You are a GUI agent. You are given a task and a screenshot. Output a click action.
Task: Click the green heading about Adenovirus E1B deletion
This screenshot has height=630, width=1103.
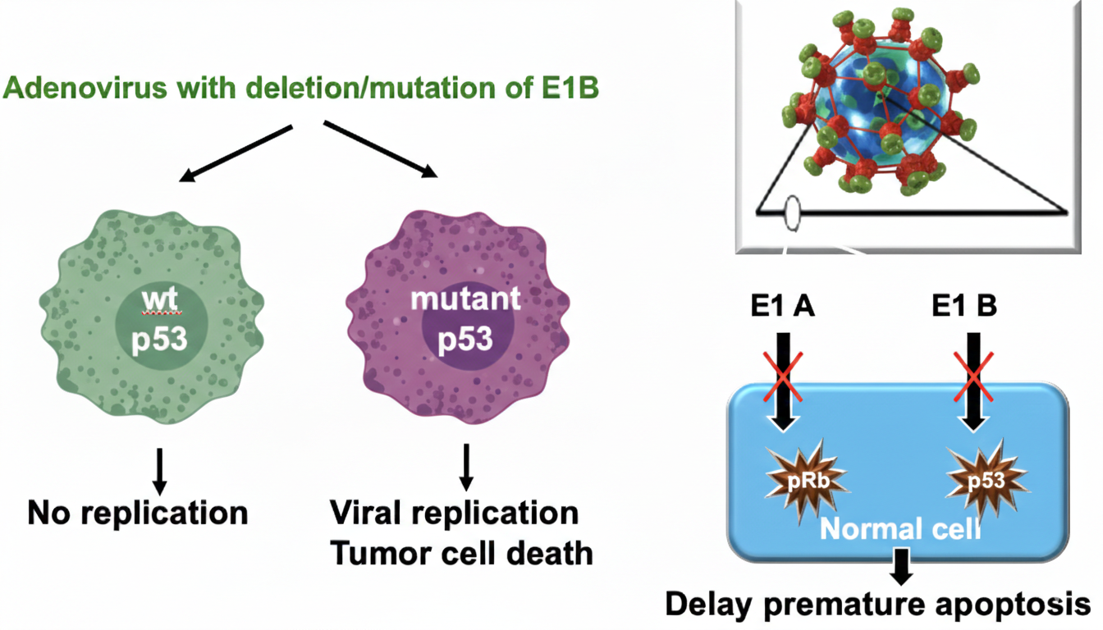point(301,88)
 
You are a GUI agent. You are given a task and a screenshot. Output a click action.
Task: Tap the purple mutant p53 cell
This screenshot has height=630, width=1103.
point(465,316)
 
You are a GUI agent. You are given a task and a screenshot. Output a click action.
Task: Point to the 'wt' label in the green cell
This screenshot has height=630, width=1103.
point(161,298)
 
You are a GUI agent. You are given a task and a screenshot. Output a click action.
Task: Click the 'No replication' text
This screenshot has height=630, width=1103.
point(138,513)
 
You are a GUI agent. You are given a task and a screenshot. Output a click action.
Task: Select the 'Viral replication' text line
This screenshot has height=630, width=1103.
point(454,513)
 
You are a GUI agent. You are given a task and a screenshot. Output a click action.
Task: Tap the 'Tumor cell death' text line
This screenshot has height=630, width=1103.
point(461,552)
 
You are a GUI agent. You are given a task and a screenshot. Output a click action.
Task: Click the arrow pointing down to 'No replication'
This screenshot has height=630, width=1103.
point(161,470)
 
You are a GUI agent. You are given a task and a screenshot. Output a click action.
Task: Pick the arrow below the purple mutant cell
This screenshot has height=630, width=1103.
point(465,466)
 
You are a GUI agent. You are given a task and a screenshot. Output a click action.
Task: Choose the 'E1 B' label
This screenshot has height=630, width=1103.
point(964,306)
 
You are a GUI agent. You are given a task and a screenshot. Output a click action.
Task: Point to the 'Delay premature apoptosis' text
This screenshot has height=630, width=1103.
point(877,605)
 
